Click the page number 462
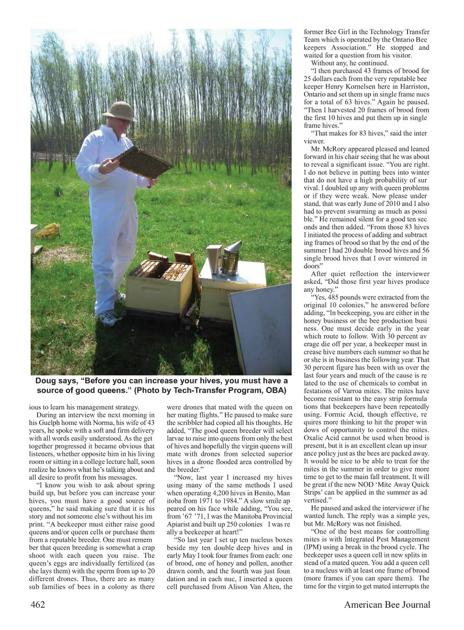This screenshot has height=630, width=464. click(x=38, y=604)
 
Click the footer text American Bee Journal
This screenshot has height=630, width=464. click(x=387, y=604)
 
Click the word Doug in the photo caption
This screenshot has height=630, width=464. click(x=45, y=381)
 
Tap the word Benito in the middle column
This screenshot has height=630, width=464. click(x=261, y=493)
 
